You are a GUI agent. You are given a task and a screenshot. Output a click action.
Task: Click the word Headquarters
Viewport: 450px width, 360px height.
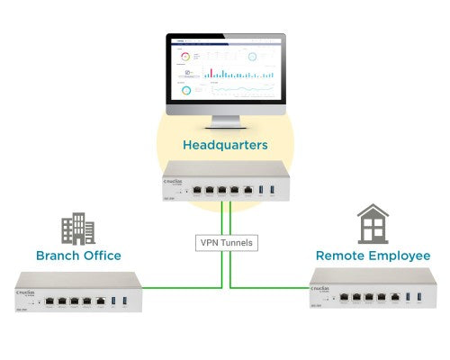[x=225, y=144]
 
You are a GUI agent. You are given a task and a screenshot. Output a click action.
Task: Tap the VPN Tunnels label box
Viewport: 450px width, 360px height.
[x=227, y=242]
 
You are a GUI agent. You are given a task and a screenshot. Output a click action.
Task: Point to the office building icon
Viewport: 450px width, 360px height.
[x=78, y=229]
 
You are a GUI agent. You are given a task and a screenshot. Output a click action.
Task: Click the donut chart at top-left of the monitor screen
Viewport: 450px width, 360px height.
[x=185, y=56]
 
